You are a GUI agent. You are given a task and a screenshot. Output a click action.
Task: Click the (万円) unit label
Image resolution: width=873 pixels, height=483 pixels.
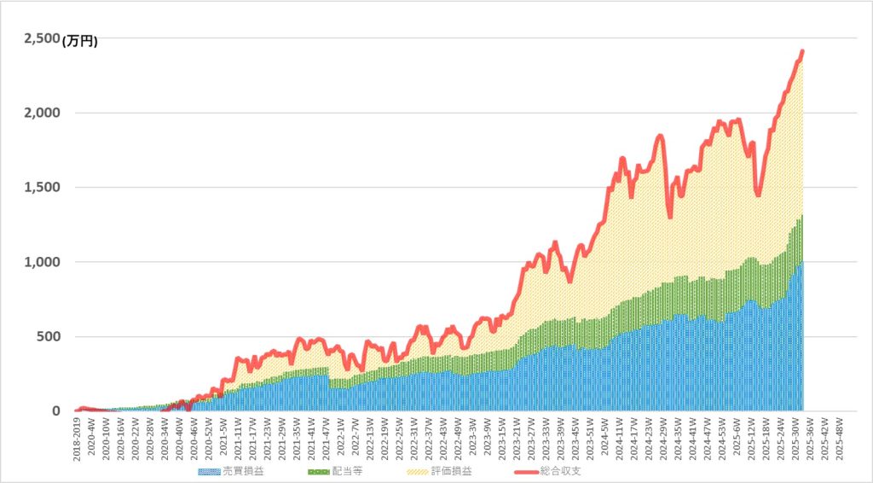[79, 41]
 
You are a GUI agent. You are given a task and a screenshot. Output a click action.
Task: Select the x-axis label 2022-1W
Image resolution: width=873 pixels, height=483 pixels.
[341, 437]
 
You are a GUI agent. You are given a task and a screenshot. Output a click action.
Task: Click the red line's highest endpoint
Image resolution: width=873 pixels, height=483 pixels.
[802, 51]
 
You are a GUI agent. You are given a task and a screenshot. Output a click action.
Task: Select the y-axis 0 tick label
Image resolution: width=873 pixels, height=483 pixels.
[55, 411]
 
